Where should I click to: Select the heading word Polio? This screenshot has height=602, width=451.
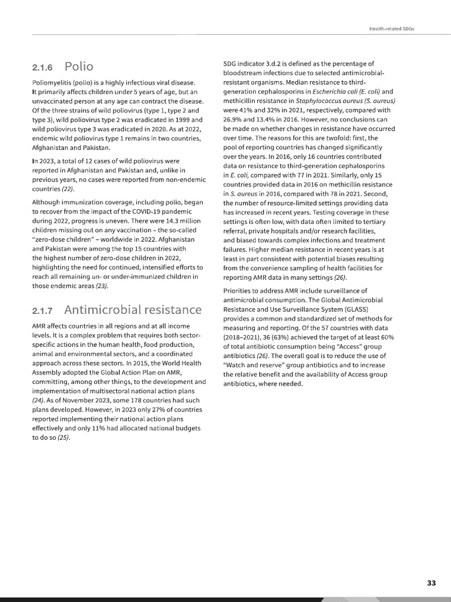pos(79,66)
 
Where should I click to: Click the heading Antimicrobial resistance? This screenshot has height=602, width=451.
pos(133,309)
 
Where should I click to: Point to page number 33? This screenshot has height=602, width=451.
pos(432,583)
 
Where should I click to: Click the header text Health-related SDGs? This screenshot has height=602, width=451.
pos(391,28)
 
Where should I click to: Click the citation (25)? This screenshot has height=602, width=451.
pos(63,438)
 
